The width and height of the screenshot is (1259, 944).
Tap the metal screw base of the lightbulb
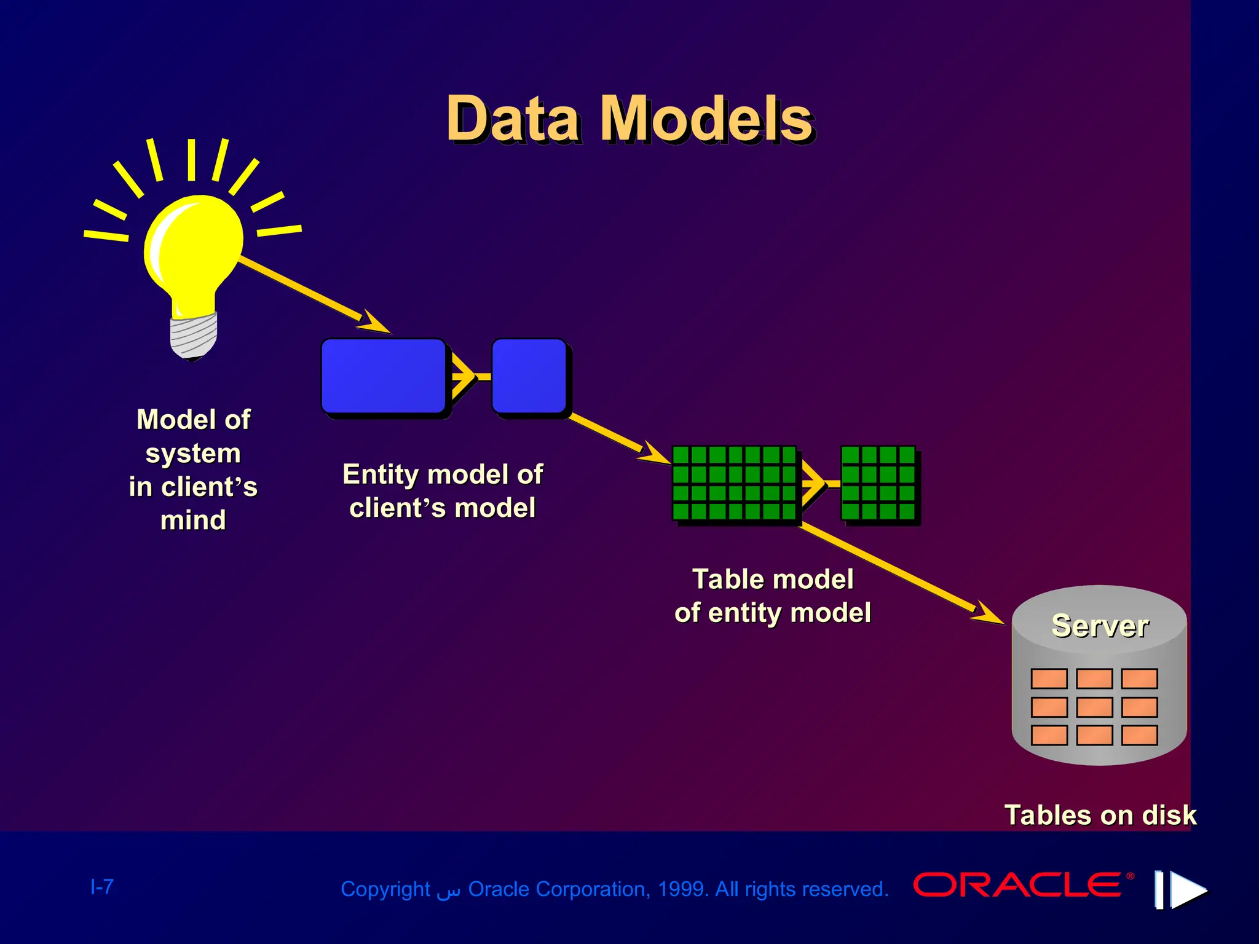point(193,336)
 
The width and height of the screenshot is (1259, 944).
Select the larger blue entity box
point(384,376)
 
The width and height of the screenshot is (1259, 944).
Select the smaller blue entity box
point(529,376)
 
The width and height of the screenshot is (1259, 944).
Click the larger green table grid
point(734,483)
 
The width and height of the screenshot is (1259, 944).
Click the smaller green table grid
point(878,483)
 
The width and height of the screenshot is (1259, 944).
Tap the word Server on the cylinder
point(1099,626)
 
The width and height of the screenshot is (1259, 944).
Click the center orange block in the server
point(1094,707)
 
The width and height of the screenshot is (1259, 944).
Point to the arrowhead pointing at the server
point(989,615)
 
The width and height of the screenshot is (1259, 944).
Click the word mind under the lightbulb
point(193,520)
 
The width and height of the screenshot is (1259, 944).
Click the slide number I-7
point(102,886)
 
